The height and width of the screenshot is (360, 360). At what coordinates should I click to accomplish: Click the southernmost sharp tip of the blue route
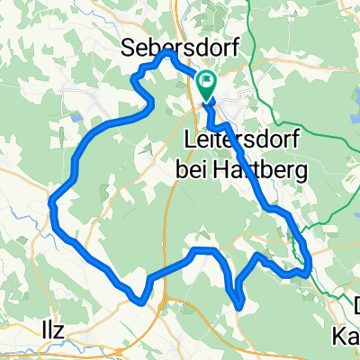(x=240, y=308)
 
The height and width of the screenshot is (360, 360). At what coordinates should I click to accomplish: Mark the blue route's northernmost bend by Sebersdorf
(x=166, y=53)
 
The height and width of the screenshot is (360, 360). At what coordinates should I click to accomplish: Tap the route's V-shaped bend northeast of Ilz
(x=139, y=300)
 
